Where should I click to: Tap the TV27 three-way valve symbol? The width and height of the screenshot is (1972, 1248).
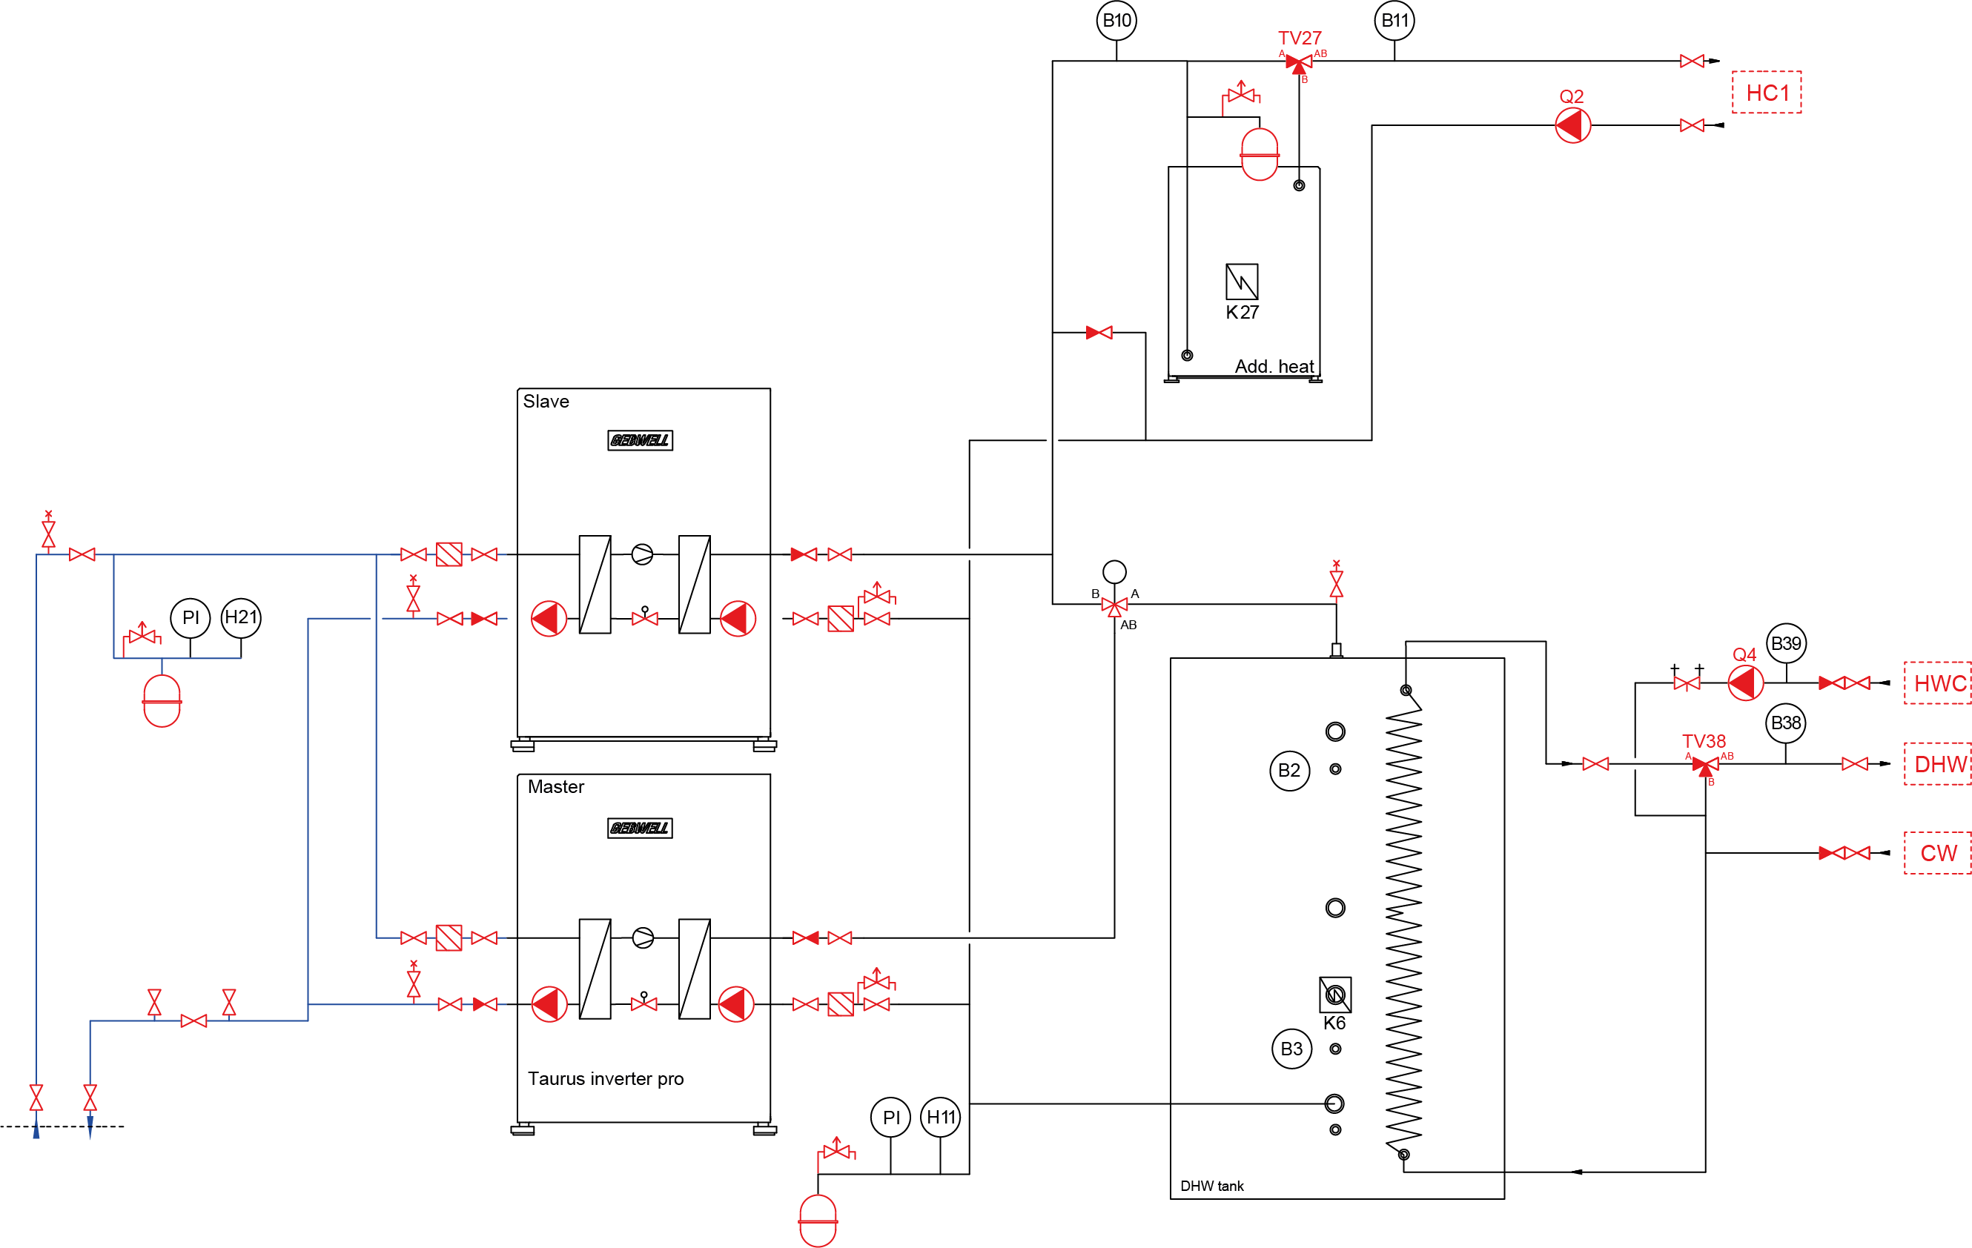click(x=1299, y=62)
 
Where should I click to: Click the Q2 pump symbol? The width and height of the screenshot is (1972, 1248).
click(x=1572, y=125)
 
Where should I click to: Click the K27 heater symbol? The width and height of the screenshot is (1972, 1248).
click(x=1242, y=281)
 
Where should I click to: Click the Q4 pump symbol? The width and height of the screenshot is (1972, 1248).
click(x=1745, y=683)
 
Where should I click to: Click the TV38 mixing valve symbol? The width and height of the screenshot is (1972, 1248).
click(x=1705, y=765)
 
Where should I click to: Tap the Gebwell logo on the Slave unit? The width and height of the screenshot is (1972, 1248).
click(x=640, y=440)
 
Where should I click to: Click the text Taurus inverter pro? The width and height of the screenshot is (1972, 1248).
click(x=605, y=1078)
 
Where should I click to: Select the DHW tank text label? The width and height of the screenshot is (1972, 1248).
click(x=1211, y=1186)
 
